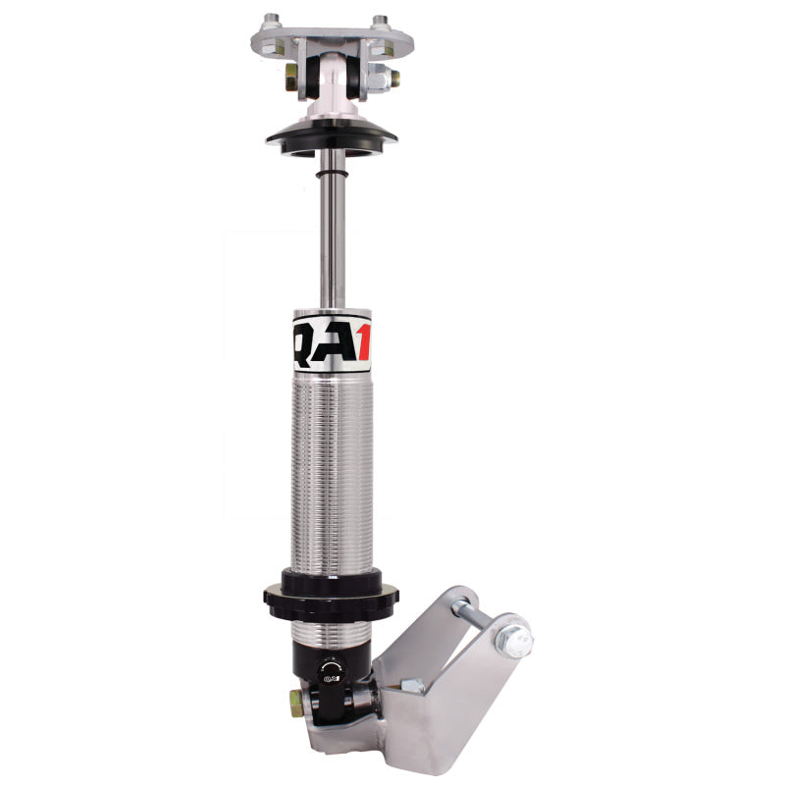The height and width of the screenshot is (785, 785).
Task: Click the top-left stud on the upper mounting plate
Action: pyautogui.click(x=272, y=20)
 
